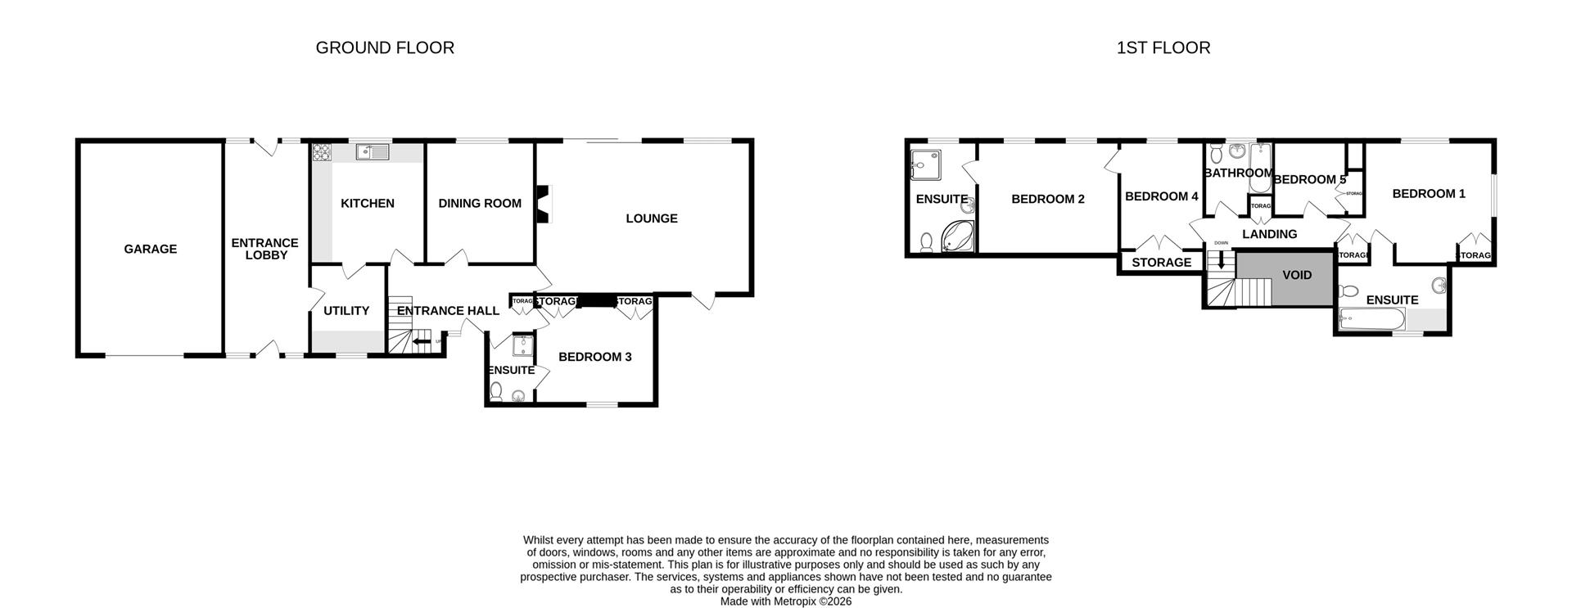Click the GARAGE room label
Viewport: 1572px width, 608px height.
(150, 249)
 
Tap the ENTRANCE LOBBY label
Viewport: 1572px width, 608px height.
(264, 249)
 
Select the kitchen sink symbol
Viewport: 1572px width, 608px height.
(373, 151)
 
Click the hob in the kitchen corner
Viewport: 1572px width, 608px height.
(320, 152)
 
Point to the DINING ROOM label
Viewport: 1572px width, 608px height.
(479, 203)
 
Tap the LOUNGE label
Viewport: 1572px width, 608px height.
(651, 218)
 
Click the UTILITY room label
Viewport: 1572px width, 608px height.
(346, 311)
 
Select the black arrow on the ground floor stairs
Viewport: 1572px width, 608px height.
(422, 342)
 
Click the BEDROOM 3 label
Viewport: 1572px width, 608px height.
(594, 357)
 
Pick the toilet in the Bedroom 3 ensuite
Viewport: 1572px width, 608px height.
(495, 394)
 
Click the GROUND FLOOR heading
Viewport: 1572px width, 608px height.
(385, 47)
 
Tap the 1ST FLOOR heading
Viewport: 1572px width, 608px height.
(1163, 47)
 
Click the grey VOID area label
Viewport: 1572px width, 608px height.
(1296, 275)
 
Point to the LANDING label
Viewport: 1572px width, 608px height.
(1269, 234)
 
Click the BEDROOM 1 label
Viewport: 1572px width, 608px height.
(1428, 194)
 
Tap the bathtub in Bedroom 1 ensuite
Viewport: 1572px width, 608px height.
(1371, 320)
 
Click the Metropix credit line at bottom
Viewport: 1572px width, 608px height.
(785, 601)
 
